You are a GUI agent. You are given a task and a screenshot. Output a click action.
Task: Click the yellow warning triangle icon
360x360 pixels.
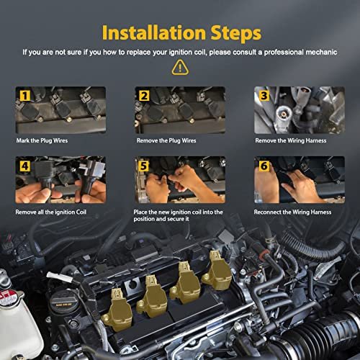tap(180, 68)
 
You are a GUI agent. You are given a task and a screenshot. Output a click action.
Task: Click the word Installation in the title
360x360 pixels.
tap(154, 32)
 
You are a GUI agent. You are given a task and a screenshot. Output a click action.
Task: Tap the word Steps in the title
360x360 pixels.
tap(236, 34)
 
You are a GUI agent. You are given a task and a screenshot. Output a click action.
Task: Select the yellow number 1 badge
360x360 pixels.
tap(24, 96)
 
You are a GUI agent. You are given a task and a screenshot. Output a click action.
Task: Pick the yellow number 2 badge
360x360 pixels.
tap(144, 96)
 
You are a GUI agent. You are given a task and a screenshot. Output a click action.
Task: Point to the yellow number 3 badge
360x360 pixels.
tap(264, 96)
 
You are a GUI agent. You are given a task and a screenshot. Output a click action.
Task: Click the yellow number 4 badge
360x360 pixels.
tap(24, 166)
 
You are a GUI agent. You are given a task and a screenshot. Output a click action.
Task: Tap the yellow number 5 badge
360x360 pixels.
tap(143, 166)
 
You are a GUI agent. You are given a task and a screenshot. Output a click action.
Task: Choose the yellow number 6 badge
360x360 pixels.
tap(264, 166)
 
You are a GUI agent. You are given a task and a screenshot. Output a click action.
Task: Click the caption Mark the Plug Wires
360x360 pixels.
tap(42, 140)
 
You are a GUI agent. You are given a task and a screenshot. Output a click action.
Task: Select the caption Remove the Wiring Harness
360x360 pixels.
tap(291, 140)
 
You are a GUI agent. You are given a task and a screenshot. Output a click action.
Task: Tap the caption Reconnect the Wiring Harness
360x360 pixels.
tap(292, 212)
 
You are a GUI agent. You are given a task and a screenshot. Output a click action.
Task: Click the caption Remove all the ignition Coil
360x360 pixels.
tap(50, 212)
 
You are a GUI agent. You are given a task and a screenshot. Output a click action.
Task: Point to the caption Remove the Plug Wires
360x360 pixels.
tap(166, 140)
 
